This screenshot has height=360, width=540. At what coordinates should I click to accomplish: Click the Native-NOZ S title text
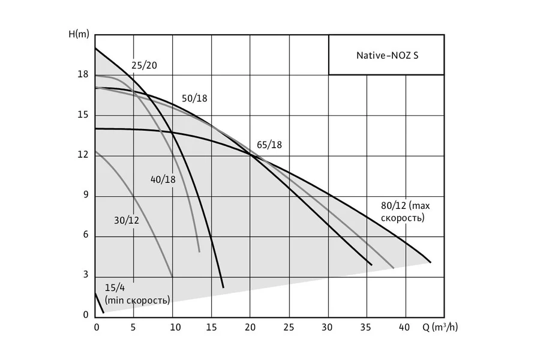tap(387, 55)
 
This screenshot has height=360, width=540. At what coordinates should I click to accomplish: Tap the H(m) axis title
tap(79, 34)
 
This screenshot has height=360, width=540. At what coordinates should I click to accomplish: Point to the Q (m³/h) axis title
tap(440, 326)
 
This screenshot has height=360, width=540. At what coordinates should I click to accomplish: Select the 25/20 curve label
tap(144, 65)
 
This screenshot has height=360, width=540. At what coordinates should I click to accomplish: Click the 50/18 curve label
tap(194, 98)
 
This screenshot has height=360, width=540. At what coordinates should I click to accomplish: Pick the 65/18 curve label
tap(269, 145)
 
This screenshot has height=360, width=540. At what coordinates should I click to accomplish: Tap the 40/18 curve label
tap(163, 179)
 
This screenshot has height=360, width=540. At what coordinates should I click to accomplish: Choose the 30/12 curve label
tap(127, 220)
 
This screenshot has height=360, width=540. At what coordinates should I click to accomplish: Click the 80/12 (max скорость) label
tap(406, 212)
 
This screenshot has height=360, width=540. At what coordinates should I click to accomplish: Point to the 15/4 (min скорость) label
tap(137, 294)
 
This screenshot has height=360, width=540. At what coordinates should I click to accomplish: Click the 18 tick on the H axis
tap(83, 74)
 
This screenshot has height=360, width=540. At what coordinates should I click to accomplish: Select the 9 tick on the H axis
tap(85, 195)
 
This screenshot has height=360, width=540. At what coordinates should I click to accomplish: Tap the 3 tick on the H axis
tap(85, 275)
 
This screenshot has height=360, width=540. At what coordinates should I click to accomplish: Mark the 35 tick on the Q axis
tap(366, 327)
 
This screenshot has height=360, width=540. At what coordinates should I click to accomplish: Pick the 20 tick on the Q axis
tap(250, 327)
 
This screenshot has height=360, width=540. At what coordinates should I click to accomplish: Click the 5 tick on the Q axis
tap(133, 327)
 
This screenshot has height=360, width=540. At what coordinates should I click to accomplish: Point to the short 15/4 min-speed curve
tap(99, 303)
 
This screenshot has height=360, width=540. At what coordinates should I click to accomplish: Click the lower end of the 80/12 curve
tap(430, 262)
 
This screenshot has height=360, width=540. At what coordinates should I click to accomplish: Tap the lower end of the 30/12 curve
tap(172, 276)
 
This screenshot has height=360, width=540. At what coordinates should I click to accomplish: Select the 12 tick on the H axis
tap(83, 155)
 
